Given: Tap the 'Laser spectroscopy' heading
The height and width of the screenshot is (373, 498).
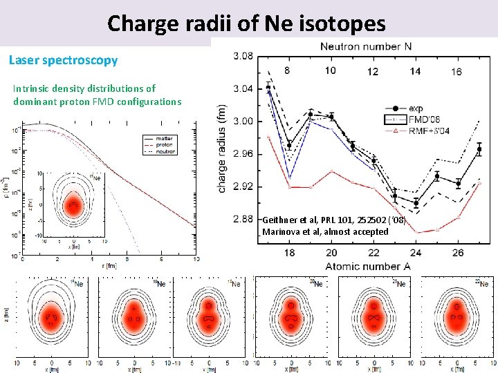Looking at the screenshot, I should click(64, 60).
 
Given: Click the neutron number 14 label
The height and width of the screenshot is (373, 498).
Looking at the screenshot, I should click(415, 72).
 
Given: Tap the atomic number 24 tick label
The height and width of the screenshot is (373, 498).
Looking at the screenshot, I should click(416, 252).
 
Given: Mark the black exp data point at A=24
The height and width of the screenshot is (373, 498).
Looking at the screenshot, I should click(416, 203).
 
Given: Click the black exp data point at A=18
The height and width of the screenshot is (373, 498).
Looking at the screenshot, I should click(289, 146).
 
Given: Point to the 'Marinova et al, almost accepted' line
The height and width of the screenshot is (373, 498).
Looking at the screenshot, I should click(325, 231).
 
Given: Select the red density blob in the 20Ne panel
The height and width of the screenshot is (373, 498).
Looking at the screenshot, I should click(292, 319).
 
